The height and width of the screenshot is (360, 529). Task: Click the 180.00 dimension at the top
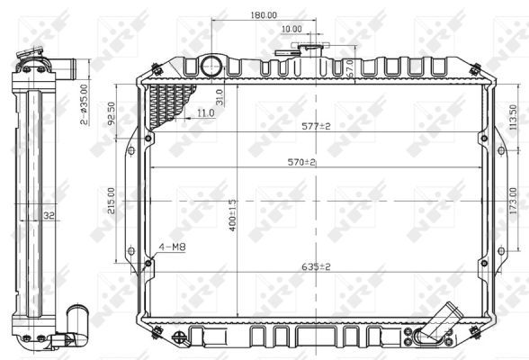click(263, 15)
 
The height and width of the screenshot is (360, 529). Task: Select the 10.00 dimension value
click(291, 29)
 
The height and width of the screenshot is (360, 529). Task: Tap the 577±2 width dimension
click(316, 126)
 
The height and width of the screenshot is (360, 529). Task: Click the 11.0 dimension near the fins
click(204, 113)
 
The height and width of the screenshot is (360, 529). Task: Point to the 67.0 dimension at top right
click(349, 68)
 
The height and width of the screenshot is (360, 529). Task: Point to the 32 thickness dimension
click(49, 215)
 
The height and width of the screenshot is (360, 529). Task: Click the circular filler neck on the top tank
click(211, 66)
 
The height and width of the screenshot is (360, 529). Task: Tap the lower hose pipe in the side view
click(76, 319)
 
